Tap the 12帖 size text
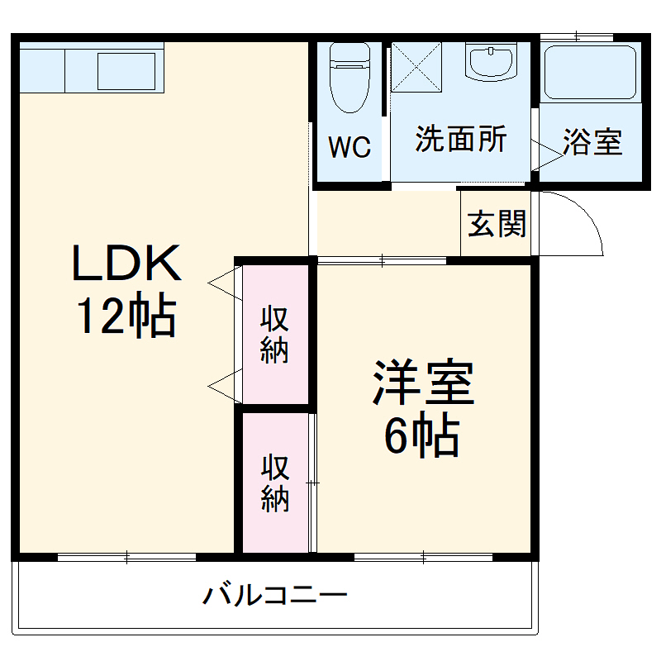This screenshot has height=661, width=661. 126,316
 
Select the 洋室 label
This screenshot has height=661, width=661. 423,382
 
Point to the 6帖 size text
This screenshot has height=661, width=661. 421,435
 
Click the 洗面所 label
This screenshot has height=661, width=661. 460,139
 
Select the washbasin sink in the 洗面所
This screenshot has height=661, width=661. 490,64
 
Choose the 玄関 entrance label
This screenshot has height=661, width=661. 497,223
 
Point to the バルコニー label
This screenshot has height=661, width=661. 276,595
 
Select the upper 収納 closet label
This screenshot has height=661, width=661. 275,334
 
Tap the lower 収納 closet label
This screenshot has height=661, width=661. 275,483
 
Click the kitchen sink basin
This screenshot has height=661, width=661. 126,70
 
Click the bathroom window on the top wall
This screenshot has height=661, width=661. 576,36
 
